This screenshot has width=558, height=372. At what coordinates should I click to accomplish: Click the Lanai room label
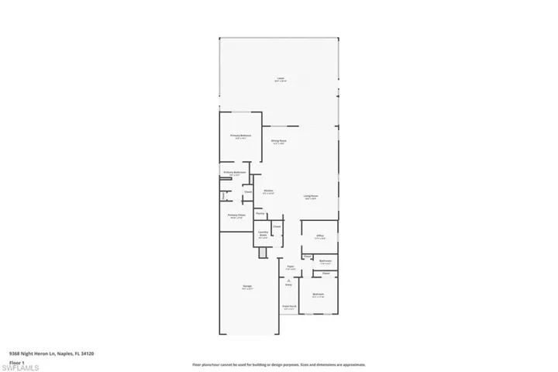(x=280, y=79)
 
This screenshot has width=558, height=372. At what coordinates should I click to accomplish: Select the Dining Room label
(x=279, y=142)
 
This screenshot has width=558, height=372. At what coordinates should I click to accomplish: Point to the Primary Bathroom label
(x=235, y=174)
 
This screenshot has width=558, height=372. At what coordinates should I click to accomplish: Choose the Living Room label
(x=311, y=197)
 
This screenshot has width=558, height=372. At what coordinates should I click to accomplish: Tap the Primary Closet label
(x=236, y=216)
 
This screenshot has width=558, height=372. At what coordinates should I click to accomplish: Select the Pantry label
(x=260, y=212)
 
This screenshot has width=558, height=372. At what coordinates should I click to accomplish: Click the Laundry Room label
(x=263, y=236)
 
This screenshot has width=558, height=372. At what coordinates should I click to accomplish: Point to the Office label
(x=319, y=237)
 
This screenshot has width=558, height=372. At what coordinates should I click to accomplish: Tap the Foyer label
(x=290, y=268)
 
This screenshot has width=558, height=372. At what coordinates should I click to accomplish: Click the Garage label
(x=247, y=288)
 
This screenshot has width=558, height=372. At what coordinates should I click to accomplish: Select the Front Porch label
(x=289, y=308)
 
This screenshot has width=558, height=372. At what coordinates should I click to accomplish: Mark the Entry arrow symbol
(x=288, y=280)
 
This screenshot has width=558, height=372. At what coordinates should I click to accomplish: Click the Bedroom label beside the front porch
(x=318, y=295)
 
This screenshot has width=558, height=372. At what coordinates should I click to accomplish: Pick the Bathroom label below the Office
(x=325, y=262)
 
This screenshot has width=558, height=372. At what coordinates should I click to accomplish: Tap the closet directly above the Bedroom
(x=325, y=274)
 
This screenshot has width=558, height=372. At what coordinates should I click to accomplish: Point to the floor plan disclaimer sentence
(x=279, y=363)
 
